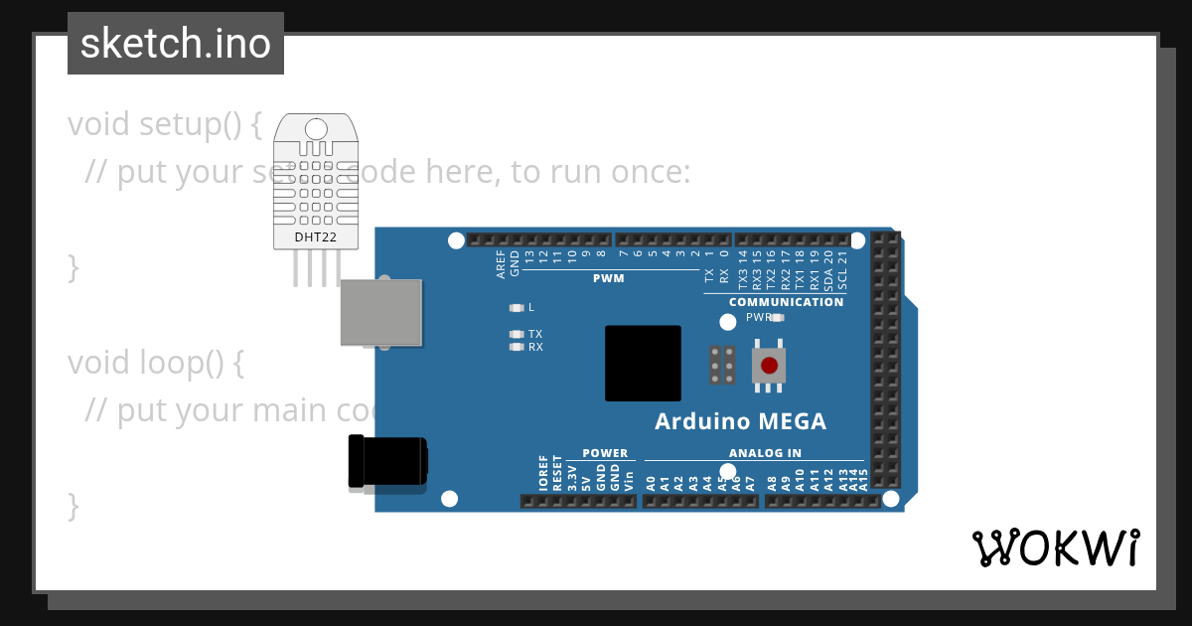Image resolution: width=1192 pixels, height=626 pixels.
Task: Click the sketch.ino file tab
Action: pos(176,44)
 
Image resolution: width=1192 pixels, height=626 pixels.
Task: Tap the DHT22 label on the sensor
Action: pos(315,237)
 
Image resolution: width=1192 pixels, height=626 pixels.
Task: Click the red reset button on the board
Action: pos(768,365)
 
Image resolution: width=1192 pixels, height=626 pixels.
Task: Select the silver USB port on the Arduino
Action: pos(380,312)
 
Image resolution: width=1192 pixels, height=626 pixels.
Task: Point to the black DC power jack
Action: pos(387,462)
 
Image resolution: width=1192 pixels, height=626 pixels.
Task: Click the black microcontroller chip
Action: pos(643,363)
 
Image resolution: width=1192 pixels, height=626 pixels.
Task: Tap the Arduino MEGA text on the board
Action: pos(740,421)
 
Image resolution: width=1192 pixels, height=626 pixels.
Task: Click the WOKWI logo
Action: pos(1055,548)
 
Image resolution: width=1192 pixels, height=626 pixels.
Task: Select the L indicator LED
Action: pos(516,308)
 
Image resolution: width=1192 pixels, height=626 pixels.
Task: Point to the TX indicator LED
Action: pos(516,335)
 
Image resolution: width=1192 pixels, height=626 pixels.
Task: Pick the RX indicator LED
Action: pos(516,348)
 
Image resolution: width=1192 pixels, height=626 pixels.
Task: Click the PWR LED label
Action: pos(759,318)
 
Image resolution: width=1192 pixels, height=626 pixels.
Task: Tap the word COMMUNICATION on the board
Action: pos(786,302)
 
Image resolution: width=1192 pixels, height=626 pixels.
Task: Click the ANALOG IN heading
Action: pos(765,453)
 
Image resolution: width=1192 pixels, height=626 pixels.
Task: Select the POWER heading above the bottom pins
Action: pos(605,453)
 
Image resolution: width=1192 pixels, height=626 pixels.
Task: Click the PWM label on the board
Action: pos(608,278)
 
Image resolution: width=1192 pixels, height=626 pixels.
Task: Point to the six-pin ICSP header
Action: pos(722,365)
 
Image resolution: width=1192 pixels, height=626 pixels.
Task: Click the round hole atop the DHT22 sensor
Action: pos(316,129)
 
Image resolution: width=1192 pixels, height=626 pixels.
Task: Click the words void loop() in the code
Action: pos(155,364)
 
